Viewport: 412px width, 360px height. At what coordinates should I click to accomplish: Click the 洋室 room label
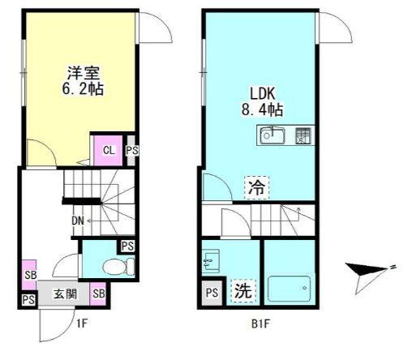pos(76,71)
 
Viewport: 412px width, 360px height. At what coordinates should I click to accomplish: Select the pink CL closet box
pos(107,150)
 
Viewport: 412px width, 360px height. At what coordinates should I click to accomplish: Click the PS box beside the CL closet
pos(131,150)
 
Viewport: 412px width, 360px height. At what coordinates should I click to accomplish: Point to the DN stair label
pos(79,220)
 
